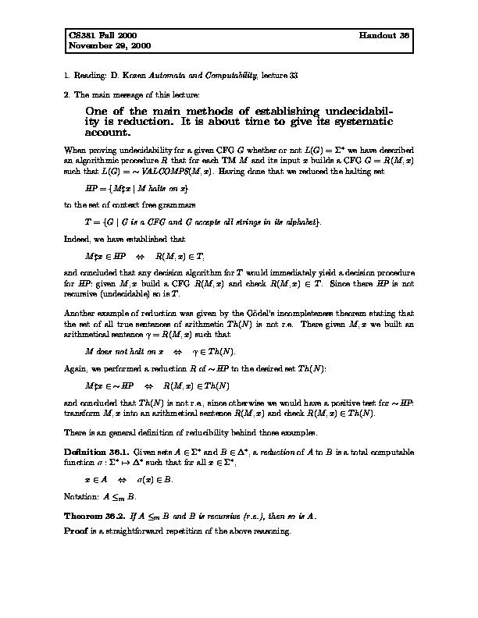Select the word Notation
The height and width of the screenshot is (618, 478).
(82, 495)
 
